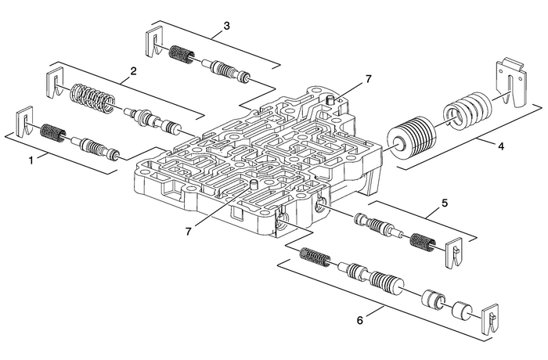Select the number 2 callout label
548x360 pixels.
tap(133, 71)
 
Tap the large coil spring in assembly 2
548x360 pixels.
tap(92, 98)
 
